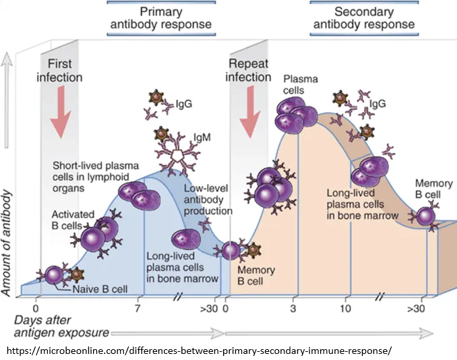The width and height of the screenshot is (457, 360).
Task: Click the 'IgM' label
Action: pyautogui.click(x=202, y=136)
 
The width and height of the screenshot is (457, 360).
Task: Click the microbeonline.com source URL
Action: pyautogui.click(x=198, y=351)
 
